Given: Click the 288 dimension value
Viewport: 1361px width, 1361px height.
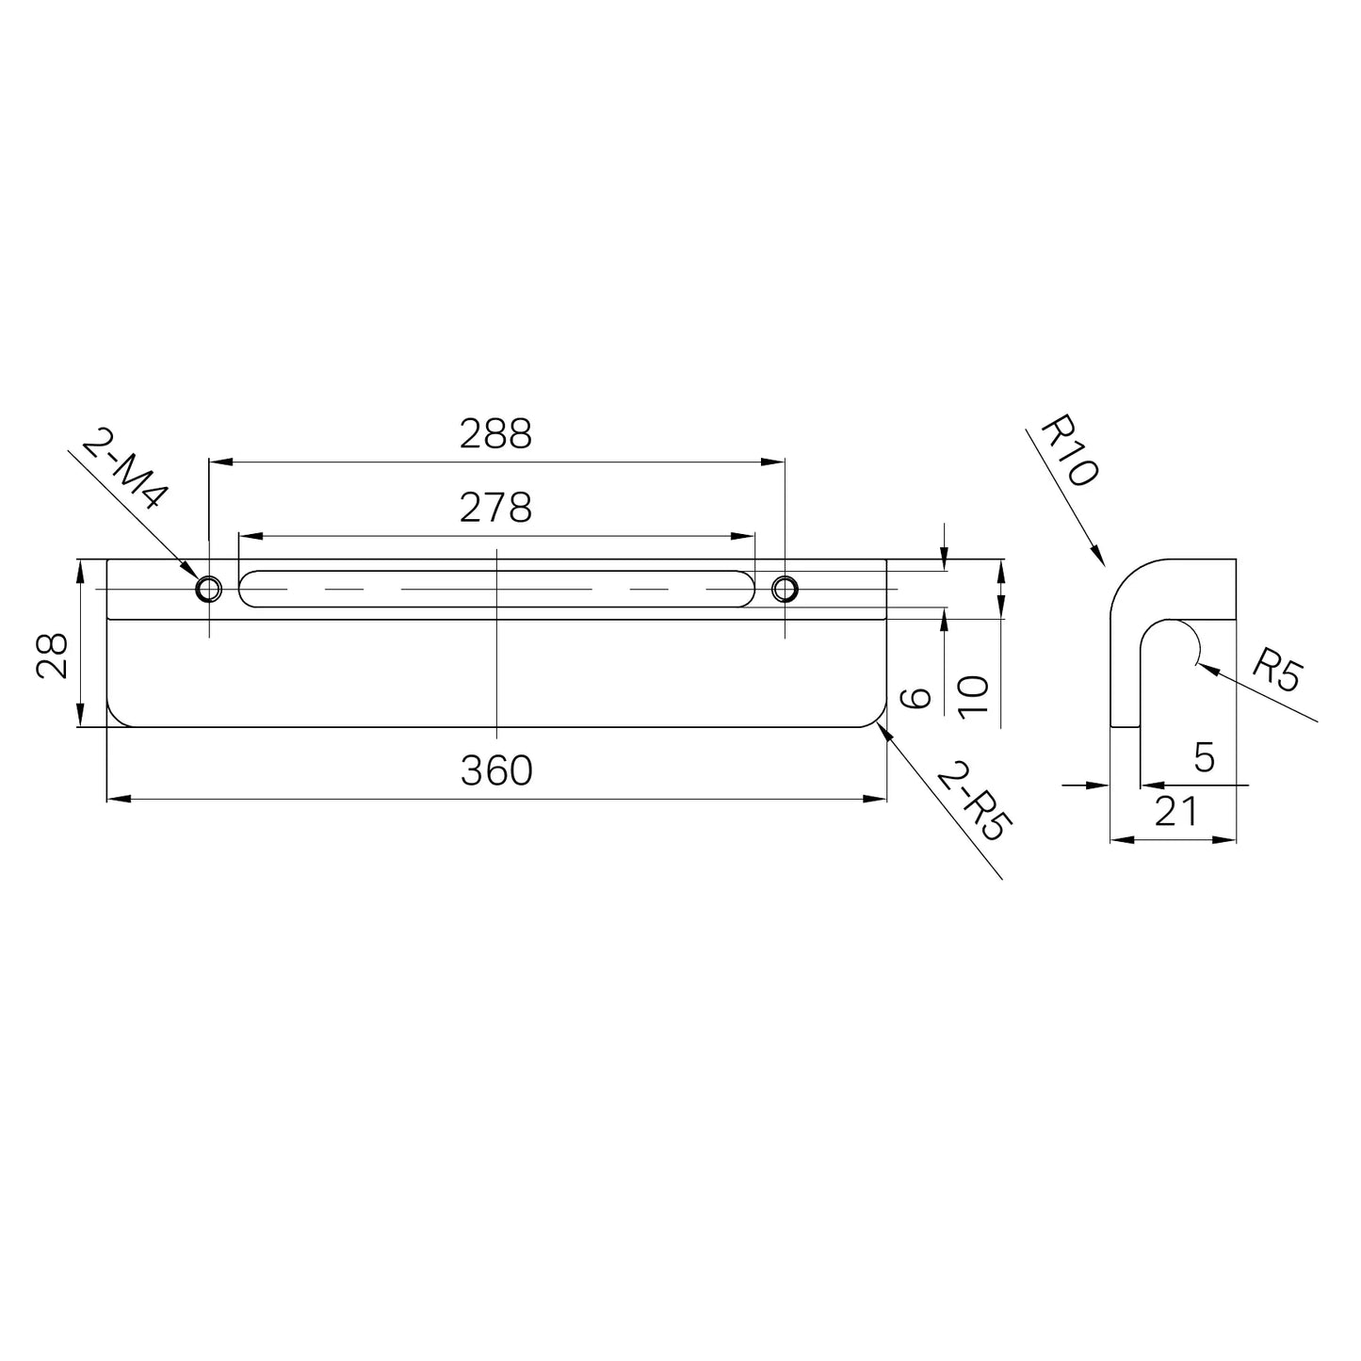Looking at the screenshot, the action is tap(495, 433).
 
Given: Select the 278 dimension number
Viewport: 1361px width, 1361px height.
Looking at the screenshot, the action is tap(495, 508).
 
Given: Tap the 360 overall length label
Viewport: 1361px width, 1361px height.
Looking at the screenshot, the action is tap(495, 770).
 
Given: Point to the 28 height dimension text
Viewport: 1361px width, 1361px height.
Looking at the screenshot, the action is tap(52, 655).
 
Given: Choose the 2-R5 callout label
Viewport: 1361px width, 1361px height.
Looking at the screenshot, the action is tap(974, 801).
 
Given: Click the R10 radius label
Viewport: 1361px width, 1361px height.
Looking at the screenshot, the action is tap(1069, 450).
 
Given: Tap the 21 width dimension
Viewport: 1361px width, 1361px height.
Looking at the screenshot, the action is tap(1176, 811).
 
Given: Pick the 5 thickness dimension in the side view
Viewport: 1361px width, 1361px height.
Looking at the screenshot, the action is tap(1205, 758).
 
